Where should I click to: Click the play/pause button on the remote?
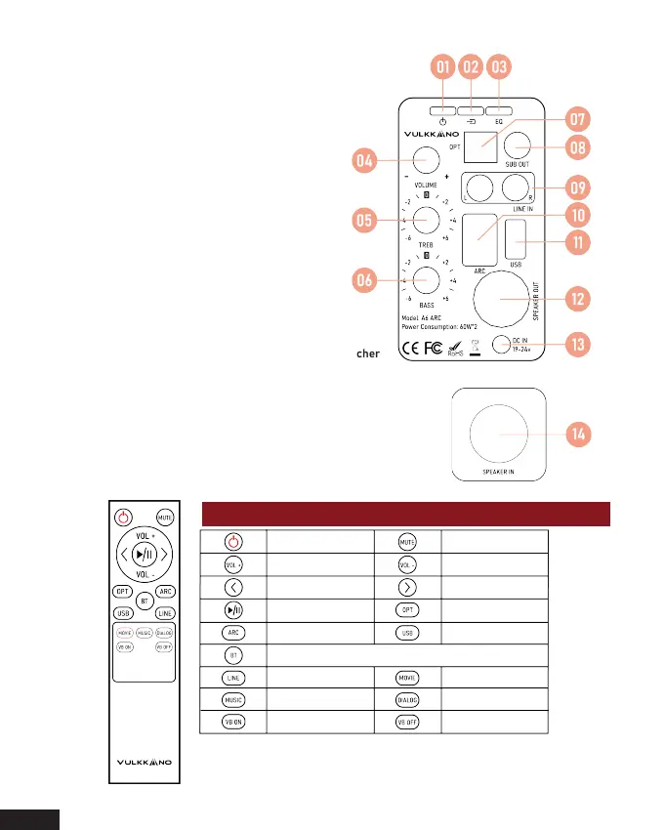(x=145, y=554)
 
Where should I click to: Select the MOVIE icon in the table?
(x=408, y=676)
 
